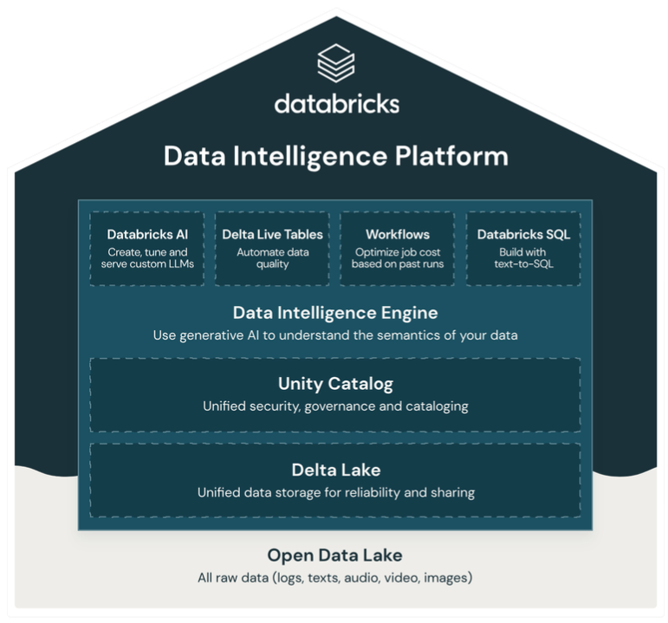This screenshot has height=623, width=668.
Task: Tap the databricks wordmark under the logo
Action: coord(336,104)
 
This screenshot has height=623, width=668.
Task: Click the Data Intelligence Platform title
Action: coord(335,157)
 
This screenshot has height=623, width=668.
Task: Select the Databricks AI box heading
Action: coord(147,234)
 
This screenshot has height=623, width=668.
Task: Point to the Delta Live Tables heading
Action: coord(272,234)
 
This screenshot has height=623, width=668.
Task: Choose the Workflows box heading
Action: coord(397,234)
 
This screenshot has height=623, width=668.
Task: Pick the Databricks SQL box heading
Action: coord(522,234)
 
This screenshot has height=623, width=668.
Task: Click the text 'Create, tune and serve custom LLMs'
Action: coord(147,258)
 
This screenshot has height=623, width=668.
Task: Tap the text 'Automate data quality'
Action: coord(272,258)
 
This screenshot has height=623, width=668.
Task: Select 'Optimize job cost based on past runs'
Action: coord(397,258)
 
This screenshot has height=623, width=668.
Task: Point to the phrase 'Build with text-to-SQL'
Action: coord(522,258)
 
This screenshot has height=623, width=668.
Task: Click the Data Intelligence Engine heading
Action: coord(335,312)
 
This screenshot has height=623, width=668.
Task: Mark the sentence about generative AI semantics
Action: coord(335,334)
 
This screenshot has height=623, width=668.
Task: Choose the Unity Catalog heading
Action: coord(335,383)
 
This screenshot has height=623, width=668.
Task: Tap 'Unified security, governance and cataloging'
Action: coord(335,406)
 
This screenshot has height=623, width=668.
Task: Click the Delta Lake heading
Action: coord(335,470)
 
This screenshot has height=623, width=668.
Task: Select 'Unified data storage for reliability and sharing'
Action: coord(335,492)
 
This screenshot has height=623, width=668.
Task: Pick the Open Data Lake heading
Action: coord(334,555)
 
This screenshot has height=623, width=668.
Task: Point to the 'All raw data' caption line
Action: coord(334,577)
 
